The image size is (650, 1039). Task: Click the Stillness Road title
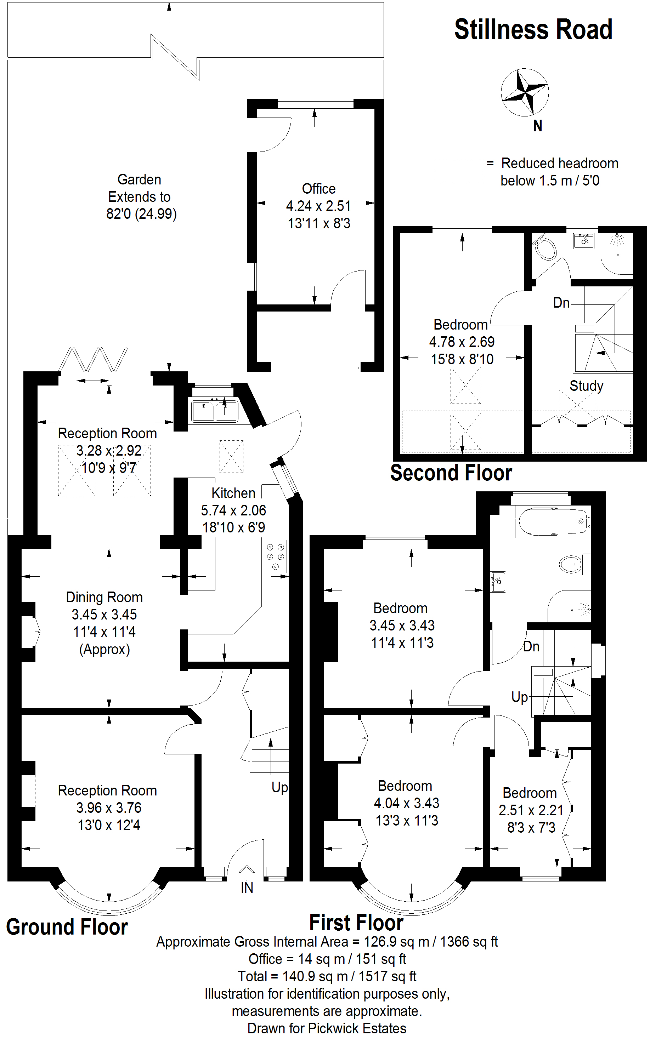tap(533, 30)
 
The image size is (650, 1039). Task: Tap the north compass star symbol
tap(525, 92)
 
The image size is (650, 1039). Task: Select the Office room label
tap(318, 189)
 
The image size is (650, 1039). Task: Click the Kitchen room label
tap(233, 493)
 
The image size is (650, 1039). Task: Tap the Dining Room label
tap(104, 598)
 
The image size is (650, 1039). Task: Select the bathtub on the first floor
tap(553, 521)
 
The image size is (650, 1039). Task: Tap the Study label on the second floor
tap(586, 386)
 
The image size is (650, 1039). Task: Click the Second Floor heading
tap(451, 473)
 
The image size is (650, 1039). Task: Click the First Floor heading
tap(356, 923)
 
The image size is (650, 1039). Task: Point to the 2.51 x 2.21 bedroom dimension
tap(531, 810)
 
